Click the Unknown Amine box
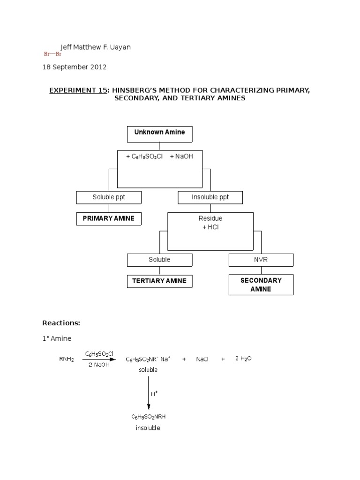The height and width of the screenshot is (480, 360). point(159,134)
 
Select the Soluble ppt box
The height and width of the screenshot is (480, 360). point(109,197)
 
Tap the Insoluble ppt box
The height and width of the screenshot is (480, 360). point(210,197)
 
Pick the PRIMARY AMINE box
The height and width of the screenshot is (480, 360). point(109,218)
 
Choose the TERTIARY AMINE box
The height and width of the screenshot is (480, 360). point(159,281)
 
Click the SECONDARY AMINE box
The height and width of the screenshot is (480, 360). point(261,285)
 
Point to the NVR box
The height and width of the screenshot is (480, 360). point(261,260)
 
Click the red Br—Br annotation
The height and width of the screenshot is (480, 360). point(52,54)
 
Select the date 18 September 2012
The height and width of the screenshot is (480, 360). point(75,67)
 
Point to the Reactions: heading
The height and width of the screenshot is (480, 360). point(61,323)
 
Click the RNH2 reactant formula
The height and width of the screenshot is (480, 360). point(67,360)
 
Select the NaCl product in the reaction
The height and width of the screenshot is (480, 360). point(202,359)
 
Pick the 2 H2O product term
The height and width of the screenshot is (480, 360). point(243,359)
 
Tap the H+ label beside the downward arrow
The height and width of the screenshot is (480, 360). point(154,393)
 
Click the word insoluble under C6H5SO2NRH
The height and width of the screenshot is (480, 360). point(148,428)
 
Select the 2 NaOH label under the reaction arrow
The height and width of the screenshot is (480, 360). point(99,365)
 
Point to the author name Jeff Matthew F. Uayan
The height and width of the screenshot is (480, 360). point(96,47)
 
